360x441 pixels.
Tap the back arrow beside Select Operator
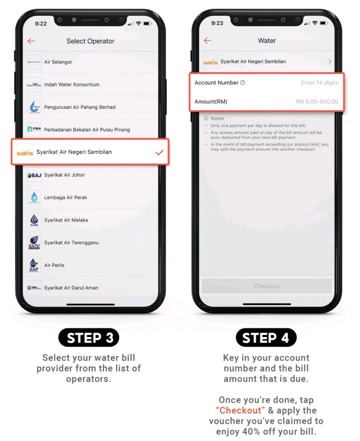tap(31, 41)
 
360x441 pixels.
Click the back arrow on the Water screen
tap(207, 41)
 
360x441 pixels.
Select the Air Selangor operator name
tap(58, 62)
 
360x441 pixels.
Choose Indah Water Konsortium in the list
tap(72, 84)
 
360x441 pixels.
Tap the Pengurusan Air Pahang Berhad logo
tap(34, 107)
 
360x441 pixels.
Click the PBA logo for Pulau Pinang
tap(34, 130)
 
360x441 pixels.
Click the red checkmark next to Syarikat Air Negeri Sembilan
tap(159, 152)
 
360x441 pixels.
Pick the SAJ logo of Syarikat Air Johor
tap(34, 175)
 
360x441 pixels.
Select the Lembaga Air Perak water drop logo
tap(34, 197)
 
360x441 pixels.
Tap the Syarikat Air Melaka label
tap(66, 220)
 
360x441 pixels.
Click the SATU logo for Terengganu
tap(34, 242)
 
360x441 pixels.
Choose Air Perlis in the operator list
tap(54, 265)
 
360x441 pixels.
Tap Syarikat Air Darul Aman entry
tap(71, 288)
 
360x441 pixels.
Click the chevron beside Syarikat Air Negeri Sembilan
tap(330, 61)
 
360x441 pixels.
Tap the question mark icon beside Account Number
tap(242, 83)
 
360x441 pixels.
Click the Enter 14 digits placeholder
tap(319, 83)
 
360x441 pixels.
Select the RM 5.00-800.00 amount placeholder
tap(317, 101)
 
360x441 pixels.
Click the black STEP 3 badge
tap(89, 337)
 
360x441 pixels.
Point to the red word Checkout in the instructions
tap(240, 410)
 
